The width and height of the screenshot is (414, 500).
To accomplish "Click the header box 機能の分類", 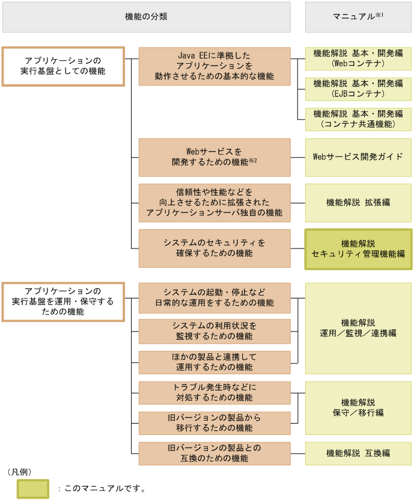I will click(146, 17).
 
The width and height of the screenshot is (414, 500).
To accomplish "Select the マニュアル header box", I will click(358, 17).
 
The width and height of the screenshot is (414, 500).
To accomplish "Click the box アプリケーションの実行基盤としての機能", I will click(63, 66).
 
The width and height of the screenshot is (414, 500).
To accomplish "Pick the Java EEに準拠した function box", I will click(215, 66).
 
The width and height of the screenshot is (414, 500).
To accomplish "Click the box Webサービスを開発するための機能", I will click(215, 157).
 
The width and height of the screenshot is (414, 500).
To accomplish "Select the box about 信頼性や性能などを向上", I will click(215, 203).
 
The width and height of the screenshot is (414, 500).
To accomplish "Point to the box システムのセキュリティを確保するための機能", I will click(215, 248).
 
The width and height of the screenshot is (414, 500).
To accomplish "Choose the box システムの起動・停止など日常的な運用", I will click(215, 298).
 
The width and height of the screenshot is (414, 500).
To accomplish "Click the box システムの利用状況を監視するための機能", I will click(215, 331).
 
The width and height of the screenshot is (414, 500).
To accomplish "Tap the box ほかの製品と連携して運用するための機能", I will click(215, 362).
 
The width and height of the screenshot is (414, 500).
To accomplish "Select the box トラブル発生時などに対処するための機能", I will click(215, 393).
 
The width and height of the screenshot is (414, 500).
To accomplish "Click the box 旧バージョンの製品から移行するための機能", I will click(215, 423).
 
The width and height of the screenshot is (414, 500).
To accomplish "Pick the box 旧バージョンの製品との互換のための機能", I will click(215, 454).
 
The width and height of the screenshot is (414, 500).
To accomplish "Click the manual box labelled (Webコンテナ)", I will click(358, 58).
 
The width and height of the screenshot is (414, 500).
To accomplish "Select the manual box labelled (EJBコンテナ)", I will click(358, 89).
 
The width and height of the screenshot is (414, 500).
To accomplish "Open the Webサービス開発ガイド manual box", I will click(358, 157).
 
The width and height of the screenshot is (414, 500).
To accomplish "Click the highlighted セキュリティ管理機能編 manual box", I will click(358, 248).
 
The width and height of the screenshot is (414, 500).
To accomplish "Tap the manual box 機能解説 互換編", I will click(358, 453).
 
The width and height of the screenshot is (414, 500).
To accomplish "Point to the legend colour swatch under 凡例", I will click(32, 488).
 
